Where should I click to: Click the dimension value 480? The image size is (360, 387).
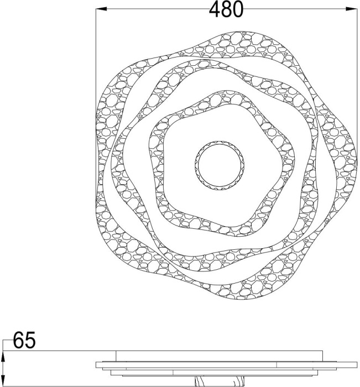pyautogui.click(x=226, y=9)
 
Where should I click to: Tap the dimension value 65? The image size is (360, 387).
pyautogui.click(x=24, y=340)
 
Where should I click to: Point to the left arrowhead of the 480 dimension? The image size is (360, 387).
pyautogui.click(x=101, y=9)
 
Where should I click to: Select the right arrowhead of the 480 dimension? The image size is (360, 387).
pyautogui.click(x=352, y=9)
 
